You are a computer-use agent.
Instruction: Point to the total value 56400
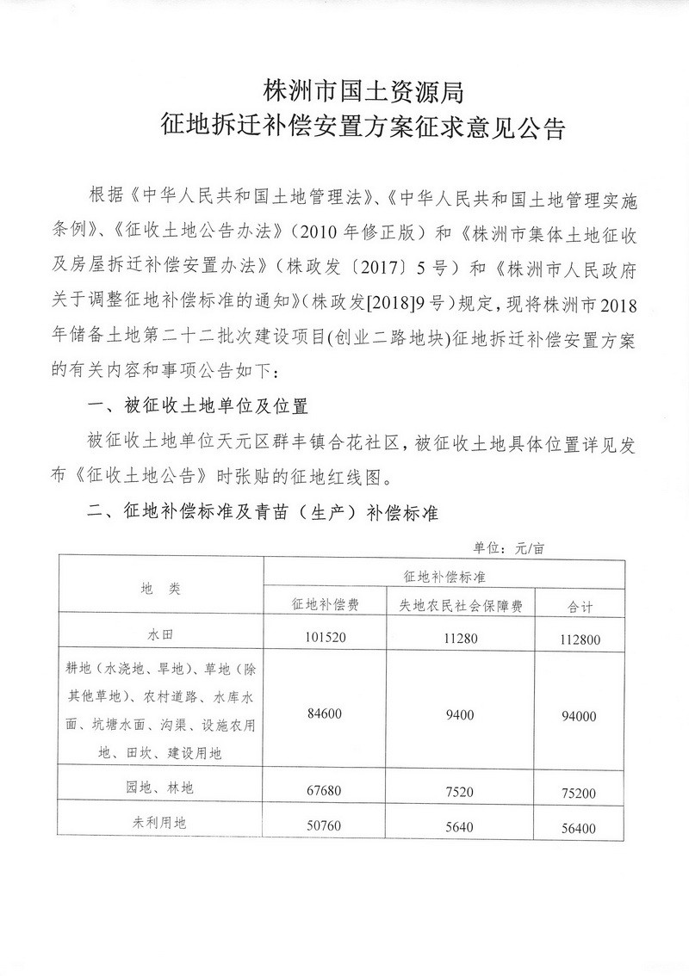click(x=576, y=829)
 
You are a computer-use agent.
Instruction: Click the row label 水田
click(x=160, y=638)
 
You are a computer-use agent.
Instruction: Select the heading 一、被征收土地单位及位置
click(x=198, y=405)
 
